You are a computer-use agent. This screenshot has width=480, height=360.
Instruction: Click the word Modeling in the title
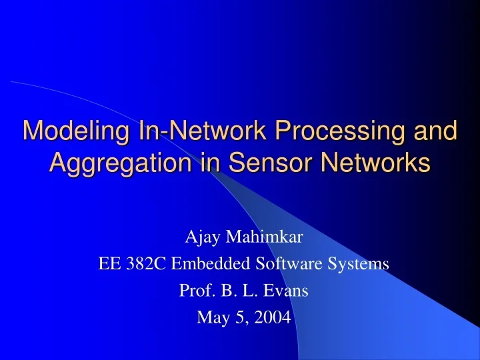click(x=69, y=131)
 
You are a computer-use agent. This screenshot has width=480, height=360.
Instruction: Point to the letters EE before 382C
click(x=108, y=263)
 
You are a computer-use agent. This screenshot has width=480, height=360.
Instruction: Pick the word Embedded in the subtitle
click(x=201, y=263)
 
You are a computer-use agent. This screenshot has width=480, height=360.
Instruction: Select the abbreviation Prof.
click(x=194, y=291)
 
